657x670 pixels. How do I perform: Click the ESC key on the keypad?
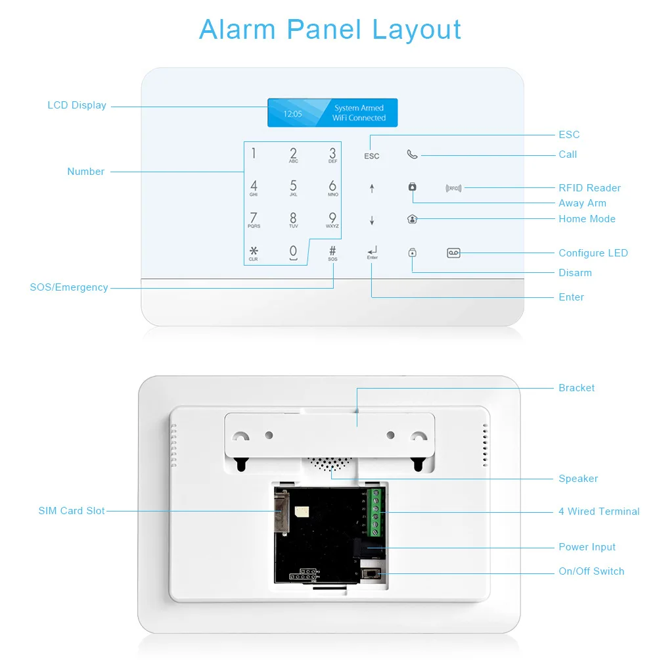point(372,156)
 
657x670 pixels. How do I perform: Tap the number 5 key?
point(293,187)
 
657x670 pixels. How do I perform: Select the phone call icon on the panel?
point(412,155)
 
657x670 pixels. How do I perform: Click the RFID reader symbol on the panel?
point(453,188)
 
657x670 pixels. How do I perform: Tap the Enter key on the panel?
point(373,252)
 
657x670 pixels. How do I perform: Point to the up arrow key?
point(372,189)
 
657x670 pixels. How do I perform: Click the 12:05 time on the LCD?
point(292,114)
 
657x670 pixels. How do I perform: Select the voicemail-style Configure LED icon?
point(453,252)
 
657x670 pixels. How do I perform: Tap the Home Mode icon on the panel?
point(412,220)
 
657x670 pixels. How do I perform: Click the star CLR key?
point(254,253)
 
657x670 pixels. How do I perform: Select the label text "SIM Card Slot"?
point(72,511)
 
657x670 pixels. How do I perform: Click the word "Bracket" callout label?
point(576,388)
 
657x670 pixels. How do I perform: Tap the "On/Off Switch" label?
point(591,571)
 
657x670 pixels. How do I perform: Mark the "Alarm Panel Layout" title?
point(330,30)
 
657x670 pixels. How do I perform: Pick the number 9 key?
point(332,220)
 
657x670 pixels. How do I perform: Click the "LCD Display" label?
point(77,105)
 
